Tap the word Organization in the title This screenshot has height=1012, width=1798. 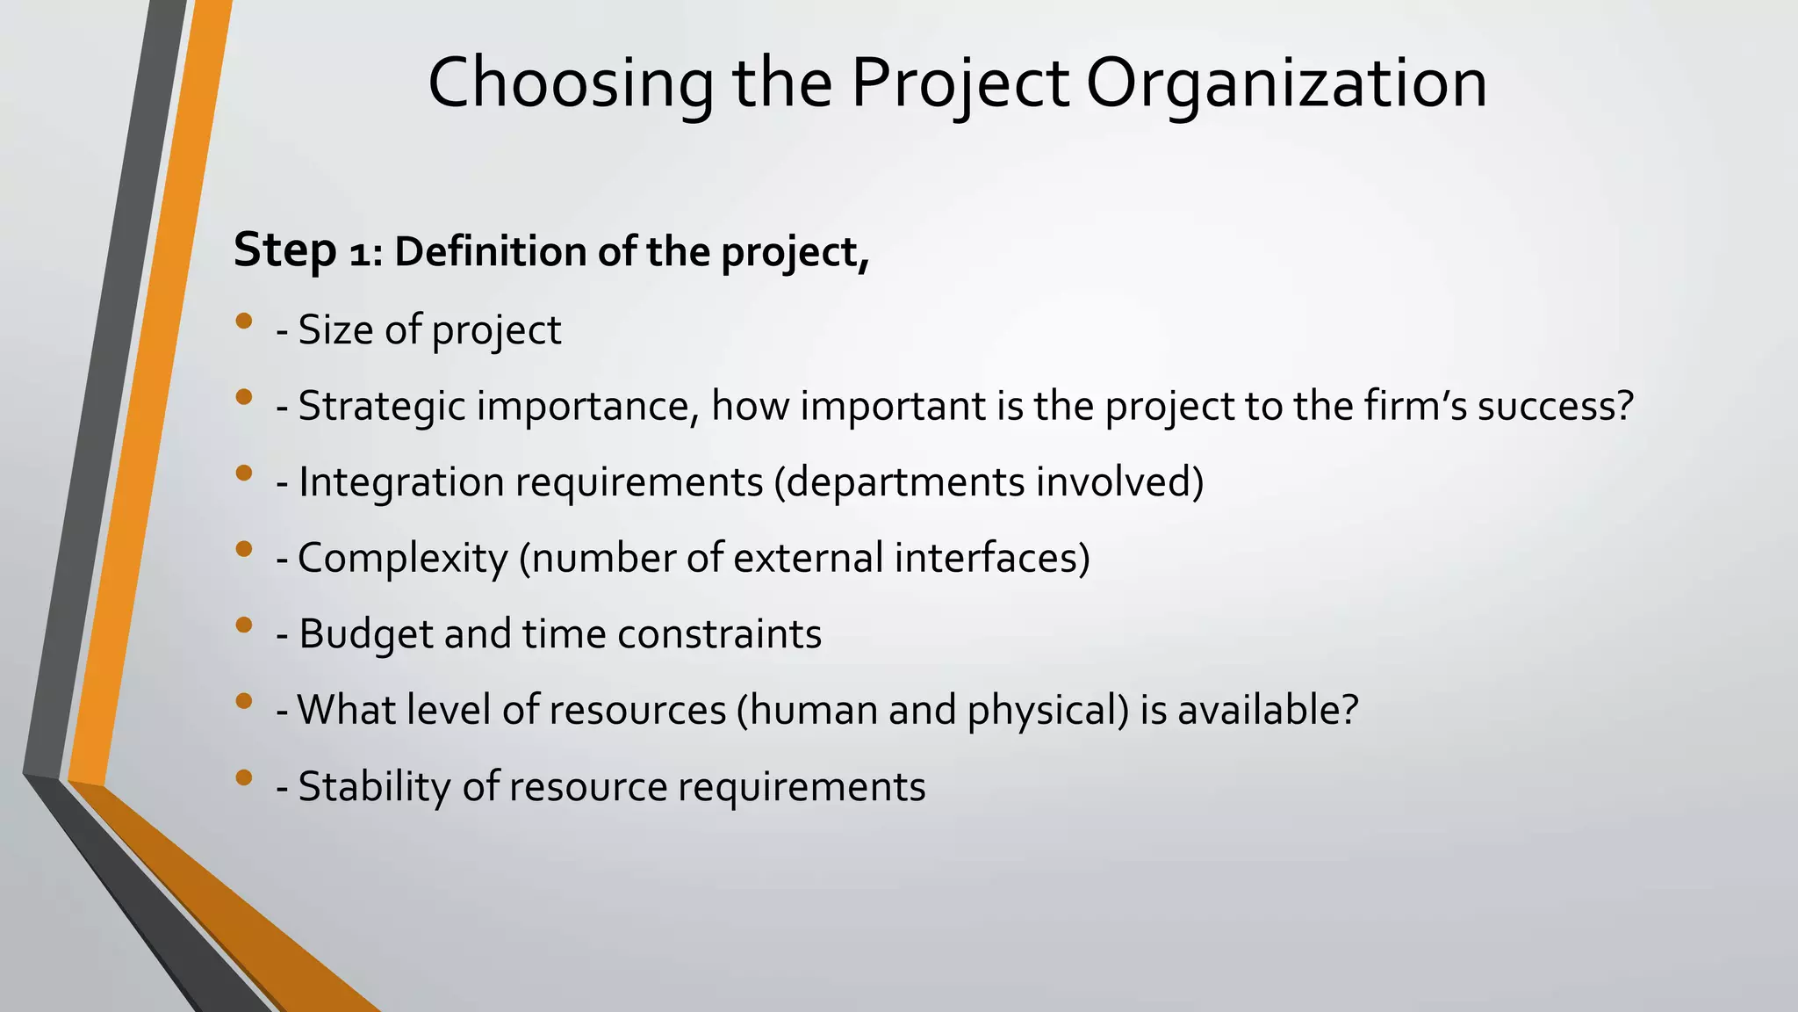pyautogui.click(x=1286, y=83)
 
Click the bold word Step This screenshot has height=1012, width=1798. pyautogui.click(x=285, y=250)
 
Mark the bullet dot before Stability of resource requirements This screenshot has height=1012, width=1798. pyautogui.click(x=244, y=777)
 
